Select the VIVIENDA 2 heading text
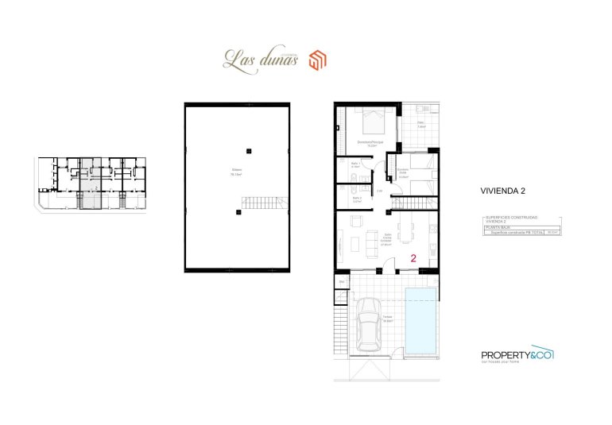coord(502,191)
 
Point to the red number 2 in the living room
coord(414,257)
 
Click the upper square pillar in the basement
coord(249,151)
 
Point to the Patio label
coord(421,125)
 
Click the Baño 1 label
coord(356,166)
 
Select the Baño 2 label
coord(357,200)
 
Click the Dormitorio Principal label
coord(370,144)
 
